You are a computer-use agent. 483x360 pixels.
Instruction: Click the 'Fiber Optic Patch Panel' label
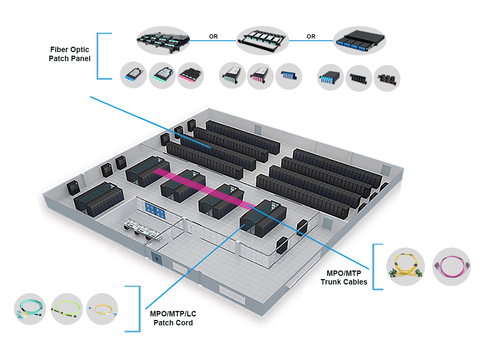pos(70,54)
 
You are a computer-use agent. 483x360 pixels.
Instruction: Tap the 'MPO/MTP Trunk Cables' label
pos(344,277)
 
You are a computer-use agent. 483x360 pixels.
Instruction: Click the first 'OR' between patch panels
pos(213,37)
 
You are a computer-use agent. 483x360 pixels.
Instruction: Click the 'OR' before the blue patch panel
pos(311,37)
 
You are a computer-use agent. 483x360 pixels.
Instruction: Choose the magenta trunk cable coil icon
pos(452,267)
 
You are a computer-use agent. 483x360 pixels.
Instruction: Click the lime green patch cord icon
pos(67,309)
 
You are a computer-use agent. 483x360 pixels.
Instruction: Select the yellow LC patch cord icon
pos(102,309)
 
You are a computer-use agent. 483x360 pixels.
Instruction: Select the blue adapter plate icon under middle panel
pos(289,76)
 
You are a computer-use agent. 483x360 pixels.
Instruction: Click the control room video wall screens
pos(155,209)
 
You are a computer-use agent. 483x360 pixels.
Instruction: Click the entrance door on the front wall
pos(156,258)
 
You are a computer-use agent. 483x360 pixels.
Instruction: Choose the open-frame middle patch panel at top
pos(263,40)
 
